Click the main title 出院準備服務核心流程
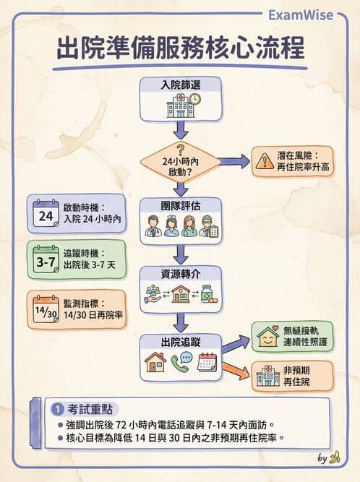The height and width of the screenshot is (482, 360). [180, 50]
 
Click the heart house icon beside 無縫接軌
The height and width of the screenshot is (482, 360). [268, 337]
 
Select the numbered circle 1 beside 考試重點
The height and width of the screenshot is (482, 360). [56, 409]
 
